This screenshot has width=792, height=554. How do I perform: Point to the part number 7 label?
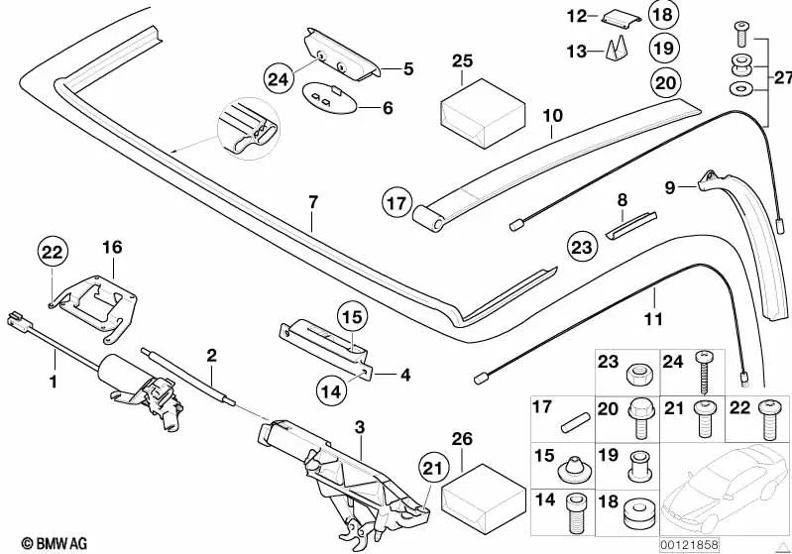[x=312, y=202]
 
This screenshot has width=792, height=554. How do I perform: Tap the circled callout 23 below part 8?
[x=583, y=246]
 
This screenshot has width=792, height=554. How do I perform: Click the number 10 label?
[x=552, y=117]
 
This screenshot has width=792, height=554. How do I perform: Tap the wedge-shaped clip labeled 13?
[x=611, y=49]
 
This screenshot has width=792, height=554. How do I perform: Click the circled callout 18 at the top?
[x=662, y=14]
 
